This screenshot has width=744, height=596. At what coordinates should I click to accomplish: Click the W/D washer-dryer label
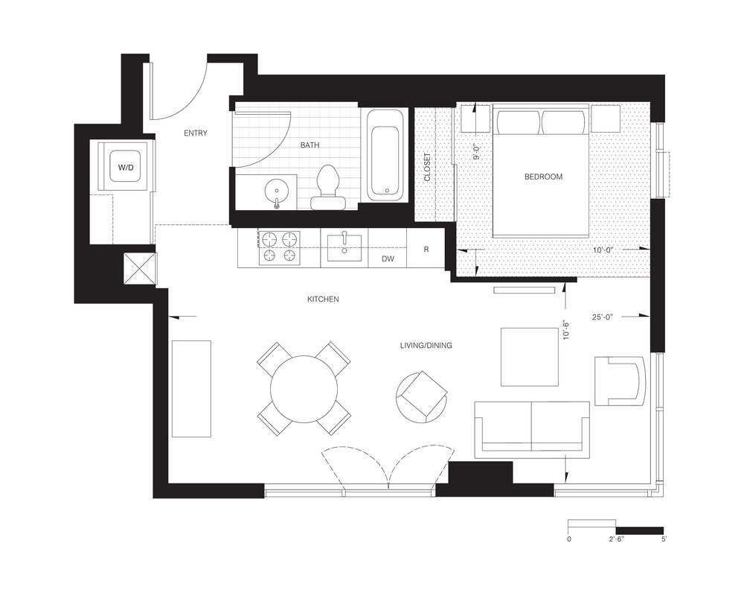(126, 168)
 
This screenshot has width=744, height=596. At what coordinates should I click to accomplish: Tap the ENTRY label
(196, 133)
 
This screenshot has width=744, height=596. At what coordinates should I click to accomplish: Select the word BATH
(310, 145)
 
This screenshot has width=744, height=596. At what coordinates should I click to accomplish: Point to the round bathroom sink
(277, 192)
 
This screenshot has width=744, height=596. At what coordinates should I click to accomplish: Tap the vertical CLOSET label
(427, 168)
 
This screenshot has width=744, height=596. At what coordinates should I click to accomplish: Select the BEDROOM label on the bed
(543, 177)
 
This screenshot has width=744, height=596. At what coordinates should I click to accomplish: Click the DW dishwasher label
(388, 259)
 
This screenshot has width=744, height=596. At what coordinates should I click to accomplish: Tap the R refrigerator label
(426, 249)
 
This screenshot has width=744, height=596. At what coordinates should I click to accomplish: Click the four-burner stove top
(279, 247)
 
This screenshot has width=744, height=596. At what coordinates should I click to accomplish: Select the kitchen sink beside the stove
(344, 247)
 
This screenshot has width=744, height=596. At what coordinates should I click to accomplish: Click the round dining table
(304, 389)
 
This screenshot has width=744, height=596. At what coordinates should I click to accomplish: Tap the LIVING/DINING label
(426, 346)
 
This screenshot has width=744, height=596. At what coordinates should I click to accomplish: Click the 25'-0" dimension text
(603, 317)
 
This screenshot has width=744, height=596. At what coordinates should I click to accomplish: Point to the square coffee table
(530, 356)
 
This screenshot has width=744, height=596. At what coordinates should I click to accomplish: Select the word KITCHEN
(323, 299)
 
